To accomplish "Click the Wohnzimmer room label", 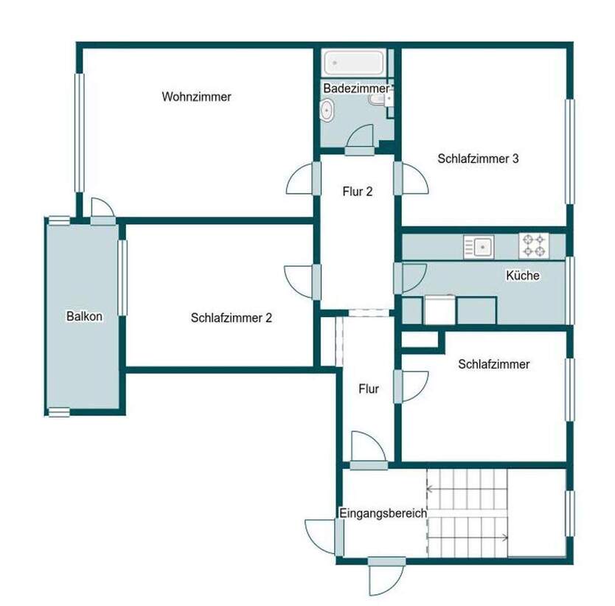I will pos(197,97).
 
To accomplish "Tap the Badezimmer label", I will pos(356,88).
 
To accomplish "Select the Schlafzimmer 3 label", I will pos(478,158).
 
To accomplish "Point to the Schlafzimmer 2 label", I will pos(232,318).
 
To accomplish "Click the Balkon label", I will pos(84,316).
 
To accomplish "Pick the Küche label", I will pos(522,276).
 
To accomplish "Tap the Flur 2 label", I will pos(358,192).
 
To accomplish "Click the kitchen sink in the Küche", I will pos(479,245).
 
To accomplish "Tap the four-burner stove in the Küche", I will pos(533,245).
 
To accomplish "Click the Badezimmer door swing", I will pos(361,138).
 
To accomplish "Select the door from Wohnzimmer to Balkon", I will pos(102,209).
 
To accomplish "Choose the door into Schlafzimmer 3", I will pos(414,179).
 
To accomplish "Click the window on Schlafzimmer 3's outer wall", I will pos(569,151).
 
